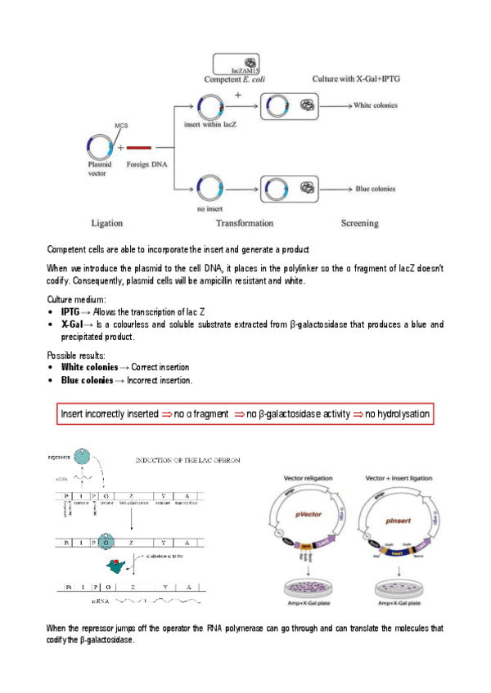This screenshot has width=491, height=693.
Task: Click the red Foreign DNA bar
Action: pyautogui.click(x=139, y=149)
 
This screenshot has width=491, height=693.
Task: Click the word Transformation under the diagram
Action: pyautogui.click(x=245, y=222)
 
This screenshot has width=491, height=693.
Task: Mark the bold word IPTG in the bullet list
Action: pyautogui.click(x=70, y=312)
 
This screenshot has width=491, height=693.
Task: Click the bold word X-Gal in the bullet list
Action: pyautogui.click(x=72, y=324)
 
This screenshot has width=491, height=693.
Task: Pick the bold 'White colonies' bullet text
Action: pyautogui.click(x=89, y=368)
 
